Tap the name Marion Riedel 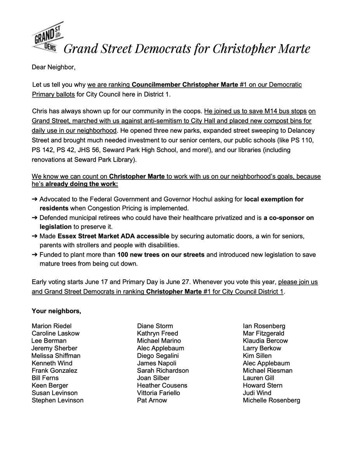[x=52, y=326]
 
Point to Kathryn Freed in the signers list [x=157, y=333]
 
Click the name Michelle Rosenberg [x=271, y=400]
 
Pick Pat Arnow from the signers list [x=152, y=400]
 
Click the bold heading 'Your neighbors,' [x=56, y=311]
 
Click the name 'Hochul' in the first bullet [x=195, y=199]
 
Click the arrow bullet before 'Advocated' [x=35, y=199]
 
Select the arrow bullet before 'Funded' [x=35, y=254]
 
